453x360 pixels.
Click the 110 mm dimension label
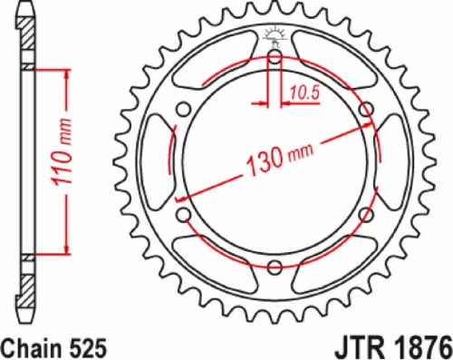click(x=54, y=161)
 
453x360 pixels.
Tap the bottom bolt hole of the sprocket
click(x=275, y=266)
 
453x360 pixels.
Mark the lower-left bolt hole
click(x=184, y=214)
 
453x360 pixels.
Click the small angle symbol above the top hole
click(x=275, y=35)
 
